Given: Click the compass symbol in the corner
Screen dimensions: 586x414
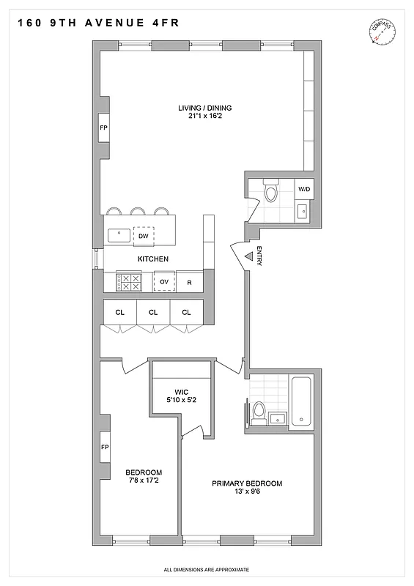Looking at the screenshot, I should pos(382,33).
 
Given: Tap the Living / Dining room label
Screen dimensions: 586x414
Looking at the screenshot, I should pos(204,108).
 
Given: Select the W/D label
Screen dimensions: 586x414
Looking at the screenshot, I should pos(303,190).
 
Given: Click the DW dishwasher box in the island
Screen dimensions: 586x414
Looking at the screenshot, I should pos(144,236).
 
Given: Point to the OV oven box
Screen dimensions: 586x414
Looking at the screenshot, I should pos(164,282).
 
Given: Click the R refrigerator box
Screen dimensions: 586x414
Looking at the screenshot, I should pos(189,282).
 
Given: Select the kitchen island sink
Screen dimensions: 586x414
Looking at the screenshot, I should pos(117,236).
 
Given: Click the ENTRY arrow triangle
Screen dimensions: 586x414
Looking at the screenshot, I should pos(248,256).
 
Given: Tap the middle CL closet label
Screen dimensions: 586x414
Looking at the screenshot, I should pos(153,313).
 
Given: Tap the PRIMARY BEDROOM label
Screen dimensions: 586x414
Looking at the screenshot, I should pos(247,483).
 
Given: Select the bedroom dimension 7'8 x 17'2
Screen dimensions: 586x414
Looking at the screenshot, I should pos(143,481).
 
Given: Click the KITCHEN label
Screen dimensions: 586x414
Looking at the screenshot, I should pos(153,259).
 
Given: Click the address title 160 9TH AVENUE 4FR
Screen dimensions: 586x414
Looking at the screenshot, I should pos(95,23).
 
